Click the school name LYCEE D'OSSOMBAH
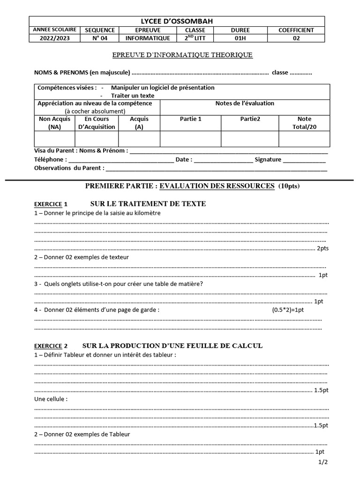(177, 21)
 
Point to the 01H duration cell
(237, 38)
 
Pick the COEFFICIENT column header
(296, 30)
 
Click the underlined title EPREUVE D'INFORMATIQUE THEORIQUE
(182, 55)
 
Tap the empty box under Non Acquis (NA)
(54, 139)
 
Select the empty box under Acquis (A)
(139, 139)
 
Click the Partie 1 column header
(190, 119)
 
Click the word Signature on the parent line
(268, 159)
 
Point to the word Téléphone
(48, 159)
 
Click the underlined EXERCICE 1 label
(51, 204)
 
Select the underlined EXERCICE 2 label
(51, 346)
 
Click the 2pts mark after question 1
(322, 248)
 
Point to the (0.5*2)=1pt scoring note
(288, 310)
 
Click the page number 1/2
(323, 462)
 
